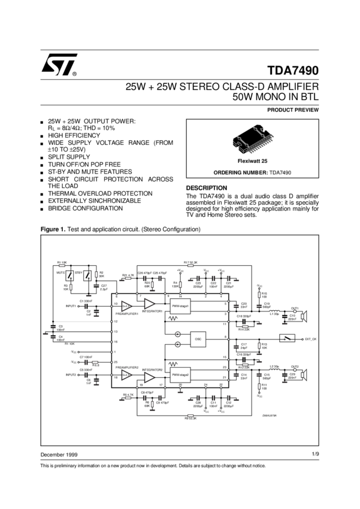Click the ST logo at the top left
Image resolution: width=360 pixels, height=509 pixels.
tap(59, 65)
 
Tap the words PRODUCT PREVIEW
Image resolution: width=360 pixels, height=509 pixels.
tap(293, 110)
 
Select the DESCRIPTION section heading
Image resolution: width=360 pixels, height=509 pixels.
tap(207, 188)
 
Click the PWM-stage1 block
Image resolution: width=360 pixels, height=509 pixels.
tap(180, 306)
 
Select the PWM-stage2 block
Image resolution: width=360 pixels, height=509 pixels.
tap(180, 374)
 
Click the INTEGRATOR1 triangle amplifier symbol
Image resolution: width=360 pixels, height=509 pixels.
tap(149, 304)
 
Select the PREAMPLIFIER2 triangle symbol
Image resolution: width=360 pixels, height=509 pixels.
tap(126, 375)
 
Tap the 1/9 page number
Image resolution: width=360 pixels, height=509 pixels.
tap(315, 455)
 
